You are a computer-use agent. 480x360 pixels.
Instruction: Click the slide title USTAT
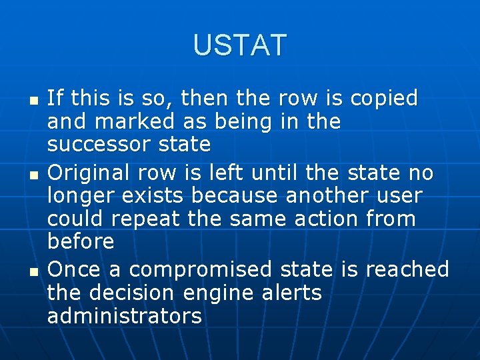[240, 45]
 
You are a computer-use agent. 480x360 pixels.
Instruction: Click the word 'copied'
[384, 99]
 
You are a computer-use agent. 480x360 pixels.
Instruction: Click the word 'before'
[81, 241]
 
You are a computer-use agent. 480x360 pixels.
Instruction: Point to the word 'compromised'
[200, 270]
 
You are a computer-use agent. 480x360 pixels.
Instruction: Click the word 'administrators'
[124, 315]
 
